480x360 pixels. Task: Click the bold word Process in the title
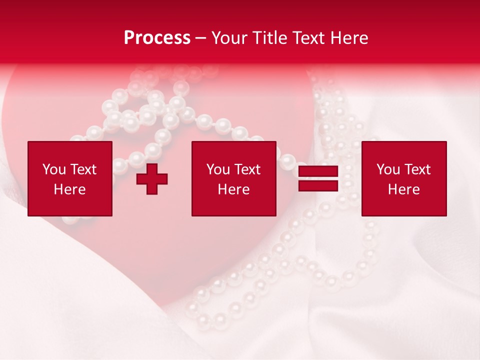pyautogui.click(x=157, y=38)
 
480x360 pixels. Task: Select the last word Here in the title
pyautogui.click(x=349, y=38)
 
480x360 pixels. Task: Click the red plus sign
pyautogui.click(x=152, y=179)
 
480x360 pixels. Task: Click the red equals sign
pyautogui.click(x=318, y=179)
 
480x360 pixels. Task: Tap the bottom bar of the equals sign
pyautogui.click(x=318, y=185)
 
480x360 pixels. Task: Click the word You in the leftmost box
pyautogui.click(x=54, y=169)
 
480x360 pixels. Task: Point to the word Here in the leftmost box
pyautogui.click(x=70, y=189)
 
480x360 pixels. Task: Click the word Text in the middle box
pyautogui.click(x=247, y=169)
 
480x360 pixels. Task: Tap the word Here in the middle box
pyautogui.click(x=234, y=189)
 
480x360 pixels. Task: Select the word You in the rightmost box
pyautogui.click(x=388, y=169)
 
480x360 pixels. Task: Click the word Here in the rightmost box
pyautogui.click(x=404, y=189)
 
